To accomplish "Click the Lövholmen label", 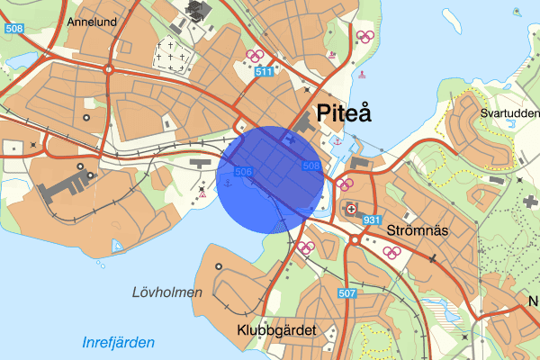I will (166, 292).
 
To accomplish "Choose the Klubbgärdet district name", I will (277, 330).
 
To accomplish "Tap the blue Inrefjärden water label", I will (118, 342).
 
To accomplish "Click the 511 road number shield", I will (263, 71).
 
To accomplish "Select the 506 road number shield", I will (242, 171).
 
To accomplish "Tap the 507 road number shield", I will (348, 292).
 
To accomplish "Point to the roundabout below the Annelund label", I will (108, 69).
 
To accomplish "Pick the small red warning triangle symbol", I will (204, 193).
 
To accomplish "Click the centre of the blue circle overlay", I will (270, 180).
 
